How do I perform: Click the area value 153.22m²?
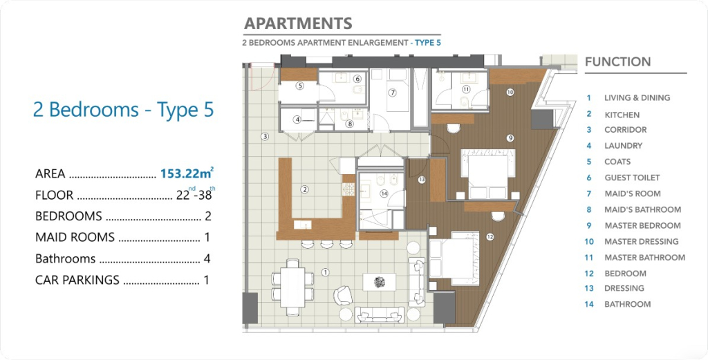[x=187, y=173]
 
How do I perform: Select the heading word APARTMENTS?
[x=298, y=23]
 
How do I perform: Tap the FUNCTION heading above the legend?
[x=617, y=61]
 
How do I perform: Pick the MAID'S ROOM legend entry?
[x=633, y=193]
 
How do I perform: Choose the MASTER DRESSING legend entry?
[x=641, y=241]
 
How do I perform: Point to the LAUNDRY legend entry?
[x=623, y=146]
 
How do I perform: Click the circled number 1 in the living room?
[x=325, y=272]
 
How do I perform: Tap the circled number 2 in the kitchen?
[x=305, y=189]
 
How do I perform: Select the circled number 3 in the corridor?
[x=265, y=136]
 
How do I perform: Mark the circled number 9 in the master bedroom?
[x=510, y=138]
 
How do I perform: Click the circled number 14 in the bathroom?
[x=384, y=193]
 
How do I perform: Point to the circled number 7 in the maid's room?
[x=393, y=93]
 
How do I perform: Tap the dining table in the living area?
[x=292, y=287]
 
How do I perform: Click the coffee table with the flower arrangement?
[x=380, y=282]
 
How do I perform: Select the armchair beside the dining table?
[x=343, y=296]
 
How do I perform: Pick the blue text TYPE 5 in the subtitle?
[x=427, y=43]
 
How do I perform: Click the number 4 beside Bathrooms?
[x=207, y=258]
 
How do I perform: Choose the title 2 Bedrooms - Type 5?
[x=123, y=110]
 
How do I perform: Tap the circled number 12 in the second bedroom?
[x=490, y=237]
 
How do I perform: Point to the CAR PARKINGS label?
[x=77, y=280]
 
